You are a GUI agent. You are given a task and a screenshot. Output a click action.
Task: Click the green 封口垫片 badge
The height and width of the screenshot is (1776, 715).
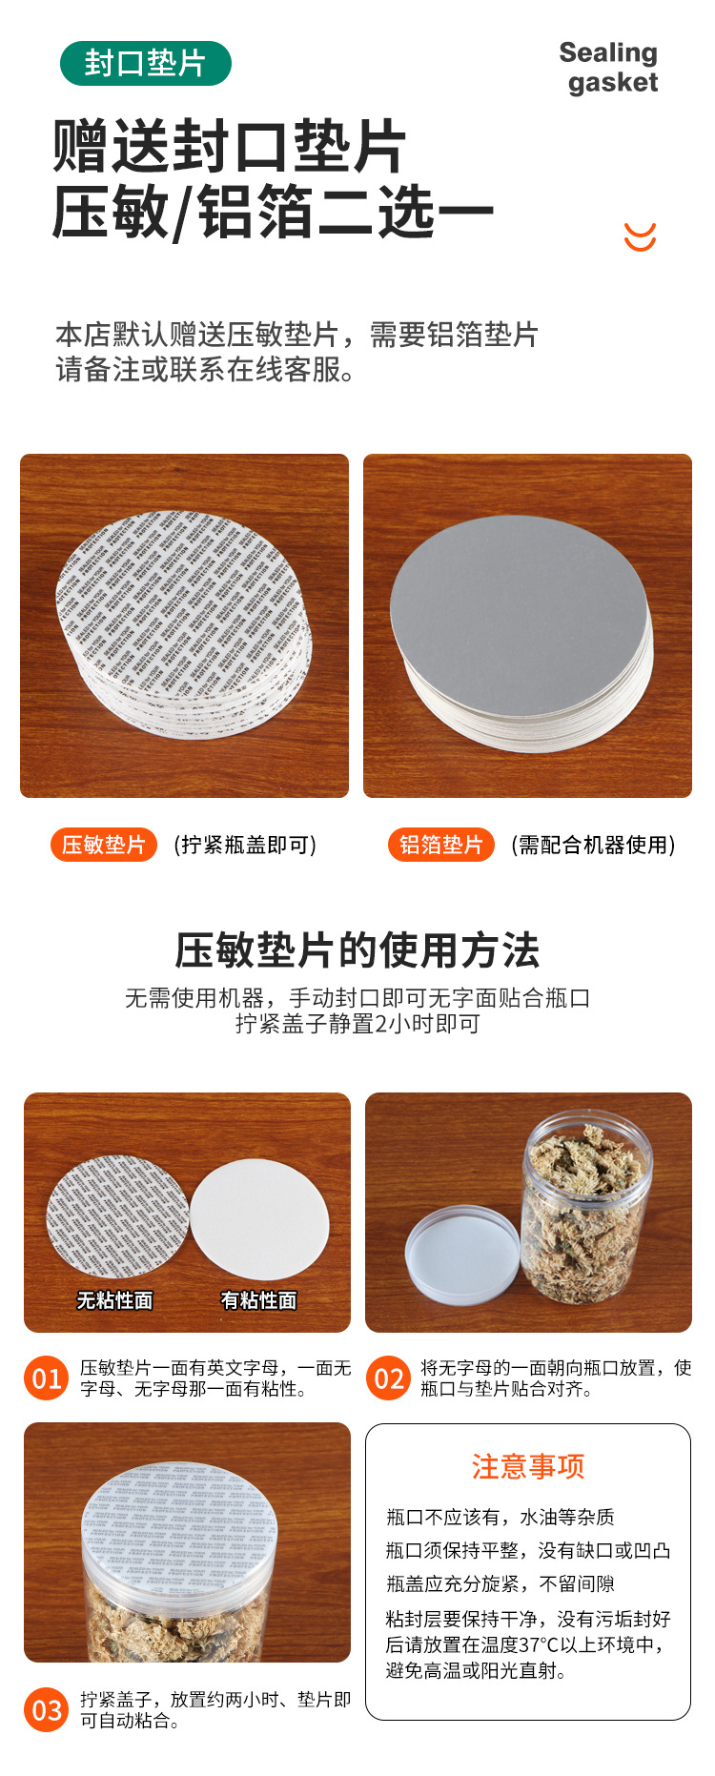click(x=145, y=64)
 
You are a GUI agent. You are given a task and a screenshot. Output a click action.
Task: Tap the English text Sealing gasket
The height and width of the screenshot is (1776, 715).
click(x=610, y=68)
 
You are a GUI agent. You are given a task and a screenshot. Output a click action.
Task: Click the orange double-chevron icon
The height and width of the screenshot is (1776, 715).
click(x=640, y=236)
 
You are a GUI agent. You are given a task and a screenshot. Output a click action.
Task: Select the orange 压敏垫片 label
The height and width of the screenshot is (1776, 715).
click(x=103, y=845)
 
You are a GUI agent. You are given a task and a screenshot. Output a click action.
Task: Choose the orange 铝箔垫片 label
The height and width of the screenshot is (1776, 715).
click(x=440, y=845)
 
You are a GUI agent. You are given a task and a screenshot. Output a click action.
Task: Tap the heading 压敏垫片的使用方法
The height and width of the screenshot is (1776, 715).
click(x=357, y=950)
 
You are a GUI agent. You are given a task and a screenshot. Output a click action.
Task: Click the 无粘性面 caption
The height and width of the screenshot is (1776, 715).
click(x=114, y=1300)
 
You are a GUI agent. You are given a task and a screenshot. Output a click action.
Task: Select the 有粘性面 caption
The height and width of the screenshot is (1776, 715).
click(x=258, y=1300)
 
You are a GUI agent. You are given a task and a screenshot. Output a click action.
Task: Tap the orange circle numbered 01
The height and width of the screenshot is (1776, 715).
click(x=47, y=1378)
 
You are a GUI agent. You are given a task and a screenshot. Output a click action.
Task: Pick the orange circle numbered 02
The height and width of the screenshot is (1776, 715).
click(x=388, y=1378)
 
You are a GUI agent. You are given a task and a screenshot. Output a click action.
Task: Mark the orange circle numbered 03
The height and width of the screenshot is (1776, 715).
click(x=47, y=1710)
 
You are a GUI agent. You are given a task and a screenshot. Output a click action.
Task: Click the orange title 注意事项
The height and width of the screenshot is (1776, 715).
click(x=527, y=1466)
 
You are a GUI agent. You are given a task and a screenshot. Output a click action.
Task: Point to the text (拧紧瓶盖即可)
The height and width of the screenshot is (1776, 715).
click(x=245, y=845)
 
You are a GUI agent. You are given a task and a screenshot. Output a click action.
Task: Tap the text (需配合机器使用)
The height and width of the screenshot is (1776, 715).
click(x=593, y=845)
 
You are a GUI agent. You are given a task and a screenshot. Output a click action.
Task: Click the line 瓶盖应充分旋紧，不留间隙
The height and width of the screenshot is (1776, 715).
click(x=500, y=1583)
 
